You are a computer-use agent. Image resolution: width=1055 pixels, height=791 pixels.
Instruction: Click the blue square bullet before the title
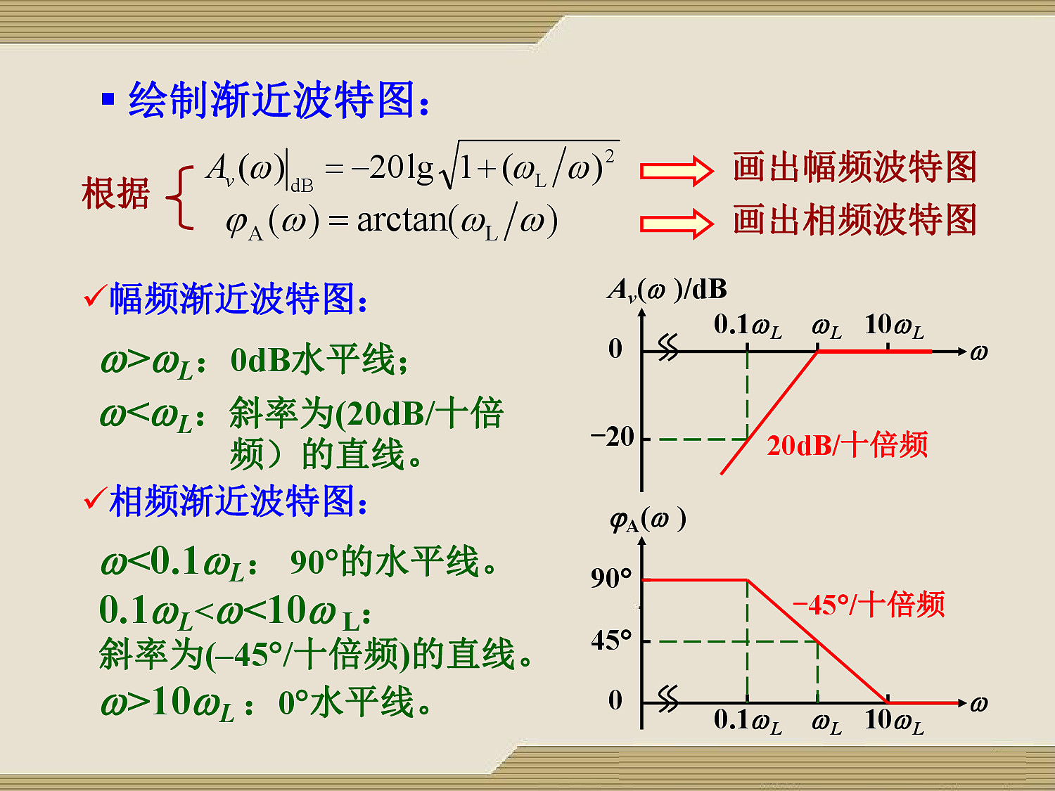(x=108, y=98)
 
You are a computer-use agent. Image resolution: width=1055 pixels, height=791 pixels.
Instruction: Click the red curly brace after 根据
(x=179, y=198)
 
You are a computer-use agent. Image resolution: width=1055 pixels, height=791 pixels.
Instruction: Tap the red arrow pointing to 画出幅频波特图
(x=677, y=171)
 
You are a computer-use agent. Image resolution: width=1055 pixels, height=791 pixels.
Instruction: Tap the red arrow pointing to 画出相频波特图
(x=677, y=224)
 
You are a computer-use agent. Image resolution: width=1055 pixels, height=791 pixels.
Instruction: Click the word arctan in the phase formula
(x=402, y=221)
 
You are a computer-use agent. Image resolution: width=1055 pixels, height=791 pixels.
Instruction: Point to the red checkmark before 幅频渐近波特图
(x=95, y=295)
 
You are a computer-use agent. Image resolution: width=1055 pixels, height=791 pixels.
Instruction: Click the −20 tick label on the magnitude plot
(x=613, y=437)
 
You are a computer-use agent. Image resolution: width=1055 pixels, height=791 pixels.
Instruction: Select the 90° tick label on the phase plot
(x=611, y=578)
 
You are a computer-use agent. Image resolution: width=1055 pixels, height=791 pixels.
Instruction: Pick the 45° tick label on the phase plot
(x=611, y=640)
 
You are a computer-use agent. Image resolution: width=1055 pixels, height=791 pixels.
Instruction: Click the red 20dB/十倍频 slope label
(x=847, y=445)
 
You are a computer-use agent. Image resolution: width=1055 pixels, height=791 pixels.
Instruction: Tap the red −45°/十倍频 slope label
(x=869, y=604)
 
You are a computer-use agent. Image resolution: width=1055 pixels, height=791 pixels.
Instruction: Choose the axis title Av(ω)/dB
(x=667, y=290)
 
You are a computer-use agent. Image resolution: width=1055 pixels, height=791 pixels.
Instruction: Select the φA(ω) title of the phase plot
(x=648, y=520)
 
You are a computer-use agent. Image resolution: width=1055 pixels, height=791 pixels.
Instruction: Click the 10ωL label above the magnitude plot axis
(x=894, y=326)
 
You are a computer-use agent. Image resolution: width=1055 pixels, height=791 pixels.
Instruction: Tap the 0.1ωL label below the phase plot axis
(x=748, y=721)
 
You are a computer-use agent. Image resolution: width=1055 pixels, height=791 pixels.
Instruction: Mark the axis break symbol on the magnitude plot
(x=668, y=347)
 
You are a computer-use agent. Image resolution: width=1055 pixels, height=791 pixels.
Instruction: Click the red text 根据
(x=115, y=193)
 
